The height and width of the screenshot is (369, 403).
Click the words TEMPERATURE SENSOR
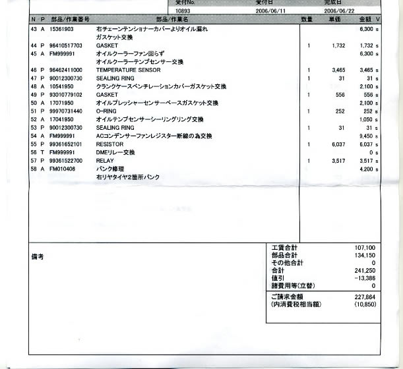128,69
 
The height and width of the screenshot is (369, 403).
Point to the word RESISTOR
110,144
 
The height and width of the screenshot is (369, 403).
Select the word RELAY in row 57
106,160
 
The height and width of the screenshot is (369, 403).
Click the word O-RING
107,111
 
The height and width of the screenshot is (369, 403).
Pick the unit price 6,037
336,144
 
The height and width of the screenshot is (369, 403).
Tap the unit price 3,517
336,160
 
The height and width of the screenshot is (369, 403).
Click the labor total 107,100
365,246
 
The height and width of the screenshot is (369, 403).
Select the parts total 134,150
365,254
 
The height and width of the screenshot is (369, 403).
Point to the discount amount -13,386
364,278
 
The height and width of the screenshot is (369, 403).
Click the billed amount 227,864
365,297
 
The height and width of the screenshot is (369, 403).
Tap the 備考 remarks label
38,257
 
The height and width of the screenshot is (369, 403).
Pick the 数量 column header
307,20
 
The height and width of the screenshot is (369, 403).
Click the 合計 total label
278,270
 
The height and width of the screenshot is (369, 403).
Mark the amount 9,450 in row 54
367,135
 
